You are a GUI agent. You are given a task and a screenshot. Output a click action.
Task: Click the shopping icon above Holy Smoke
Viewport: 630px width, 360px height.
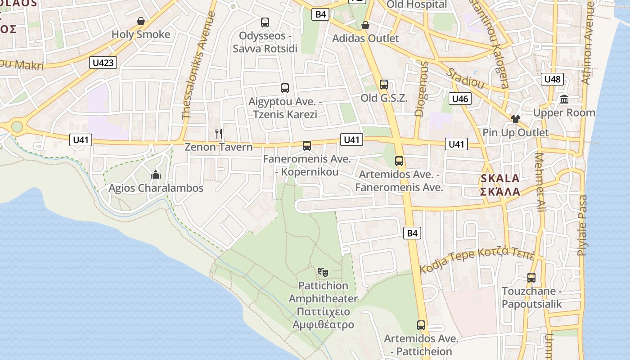141,21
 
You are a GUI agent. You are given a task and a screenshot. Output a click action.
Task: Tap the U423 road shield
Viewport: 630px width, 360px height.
103,63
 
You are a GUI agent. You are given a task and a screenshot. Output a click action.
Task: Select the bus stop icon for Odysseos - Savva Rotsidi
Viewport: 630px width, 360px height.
265,22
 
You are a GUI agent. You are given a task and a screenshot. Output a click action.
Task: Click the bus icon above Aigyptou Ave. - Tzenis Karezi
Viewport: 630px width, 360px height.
284,88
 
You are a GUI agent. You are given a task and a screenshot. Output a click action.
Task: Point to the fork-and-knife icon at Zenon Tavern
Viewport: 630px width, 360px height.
219,133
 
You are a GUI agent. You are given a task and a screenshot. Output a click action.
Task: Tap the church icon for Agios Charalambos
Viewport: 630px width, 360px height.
156,175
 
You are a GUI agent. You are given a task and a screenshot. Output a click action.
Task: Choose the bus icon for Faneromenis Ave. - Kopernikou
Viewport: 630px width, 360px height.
307,145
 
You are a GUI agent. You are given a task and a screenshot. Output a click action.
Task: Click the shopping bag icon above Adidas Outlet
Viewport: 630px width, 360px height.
365,25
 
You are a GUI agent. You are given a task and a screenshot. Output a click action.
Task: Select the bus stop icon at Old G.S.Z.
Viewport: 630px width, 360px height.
384,84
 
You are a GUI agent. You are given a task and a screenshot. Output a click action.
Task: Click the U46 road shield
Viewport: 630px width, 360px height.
460,99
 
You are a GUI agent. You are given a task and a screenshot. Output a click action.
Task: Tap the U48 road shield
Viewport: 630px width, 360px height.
553,79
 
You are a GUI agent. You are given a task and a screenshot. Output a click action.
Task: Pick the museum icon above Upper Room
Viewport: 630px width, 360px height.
564,99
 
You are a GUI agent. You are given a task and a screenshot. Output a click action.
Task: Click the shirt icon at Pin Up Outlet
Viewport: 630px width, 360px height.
515,119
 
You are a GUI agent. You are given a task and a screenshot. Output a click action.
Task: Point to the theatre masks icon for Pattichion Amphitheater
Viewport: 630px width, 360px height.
323,272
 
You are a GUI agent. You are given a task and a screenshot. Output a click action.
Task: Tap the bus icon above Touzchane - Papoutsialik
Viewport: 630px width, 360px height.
531,277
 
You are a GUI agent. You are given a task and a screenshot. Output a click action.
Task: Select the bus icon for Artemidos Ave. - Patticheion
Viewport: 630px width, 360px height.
421,325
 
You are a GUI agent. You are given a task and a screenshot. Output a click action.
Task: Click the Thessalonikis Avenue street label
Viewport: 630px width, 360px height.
198,66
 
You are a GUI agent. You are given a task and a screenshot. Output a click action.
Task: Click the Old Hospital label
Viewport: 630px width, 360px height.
417,4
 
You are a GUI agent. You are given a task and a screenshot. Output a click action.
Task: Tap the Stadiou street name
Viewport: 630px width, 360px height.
465,78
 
